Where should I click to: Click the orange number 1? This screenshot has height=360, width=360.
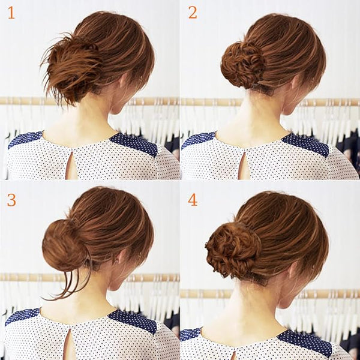[x=11, y=13]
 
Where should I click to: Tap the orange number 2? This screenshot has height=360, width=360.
[x=193, y=13]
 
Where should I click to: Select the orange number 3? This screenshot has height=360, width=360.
[x=11, y=200]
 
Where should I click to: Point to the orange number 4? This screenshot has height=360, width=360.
[x=193, y=200]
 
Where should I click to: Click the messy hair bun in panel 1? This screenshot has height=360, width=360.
[x=71, y=69]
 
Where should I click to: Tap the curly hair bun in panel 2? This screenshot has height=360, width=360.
[x=242, y=65]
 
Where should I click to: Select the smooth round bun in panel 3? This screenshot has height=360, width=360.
[x=64, y=245]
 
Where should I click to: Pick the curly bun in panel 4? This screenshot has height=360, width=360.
[x=233, y=250]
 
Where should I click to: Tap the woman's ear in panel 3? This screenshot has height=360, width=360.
[x=122, y=256]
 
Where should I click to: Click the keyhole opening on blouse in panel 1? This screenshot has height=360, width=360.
[x=71, y=166]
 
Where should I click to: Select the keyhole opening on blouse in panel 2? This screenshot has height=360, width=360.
[x=244, y=166]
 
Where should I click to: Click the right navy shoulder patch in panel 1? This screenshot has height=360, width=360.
[x=134, y=144]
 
